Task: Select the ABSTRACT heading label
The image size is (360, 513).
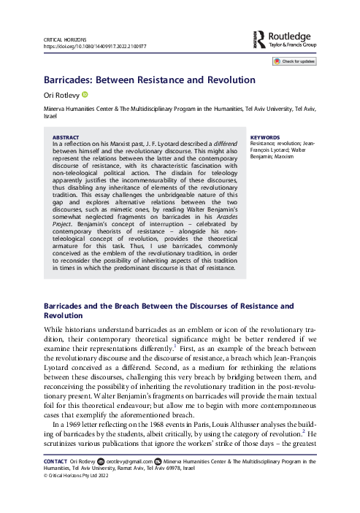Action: (66, 137)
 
